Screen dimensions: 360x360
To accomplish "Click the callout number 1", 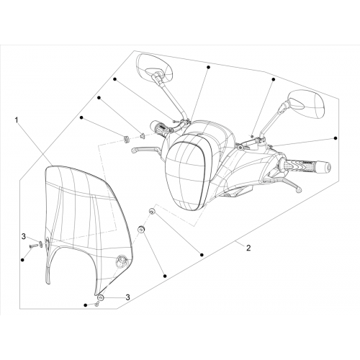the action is tap(17, 120).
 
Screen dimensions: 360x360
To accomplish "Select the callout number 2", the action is tap(248, 248).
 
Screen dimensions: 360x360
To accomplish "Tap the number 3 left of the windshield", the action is tap(24, 236).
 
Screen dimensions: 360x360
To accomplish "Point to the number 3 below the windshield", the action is tap(128, 297).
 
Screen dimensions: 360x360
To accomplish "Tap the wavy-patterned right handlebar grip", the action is tap(305, 166).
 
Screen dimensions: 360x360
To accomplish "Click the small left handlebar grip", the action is tap(159, 127).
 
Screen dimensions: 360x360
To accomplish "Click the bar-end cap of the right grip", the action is tap(326, 166).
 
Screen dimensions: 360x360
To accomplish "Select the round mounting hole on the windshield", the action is tap(121, 261).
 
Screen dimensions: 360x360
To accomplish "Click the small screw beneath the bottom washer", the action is tap(96, 304).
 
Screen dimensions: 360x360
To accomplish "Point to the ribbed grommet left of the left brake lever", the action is tap(126, 139).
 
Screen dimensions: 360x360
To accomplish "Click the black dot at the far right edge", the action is tap(336, 138).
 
